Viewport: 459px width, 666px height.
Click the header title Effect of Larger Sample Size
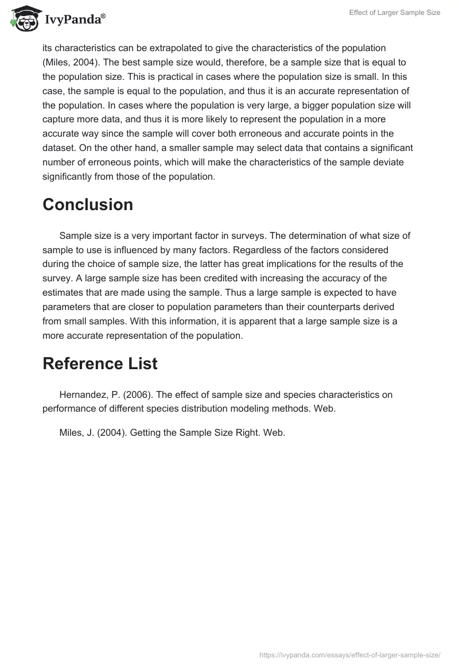pyautogui.click(x=395, y=13)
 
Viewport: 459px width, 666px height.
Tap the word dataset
pyautogui.click(x=62, y=148)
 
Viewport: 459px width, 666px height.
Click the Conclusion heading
pyautogui.click(x=88, y=205)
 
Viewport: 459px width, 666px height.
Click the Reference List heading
pyautogui.click(x=100, y=363)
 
